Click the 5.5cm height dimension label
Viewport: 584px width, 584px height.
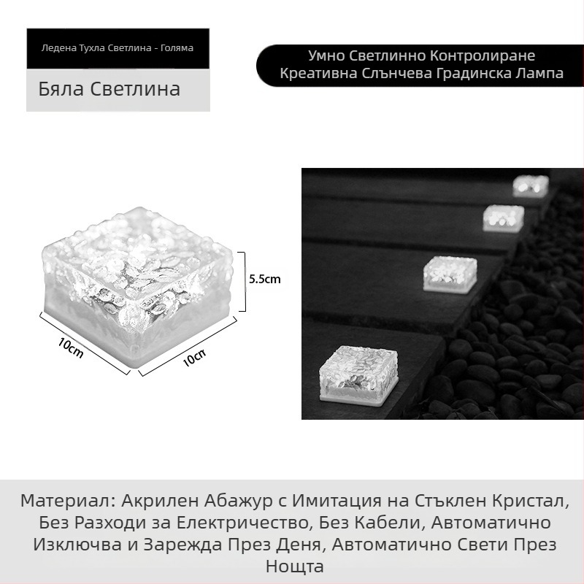264,278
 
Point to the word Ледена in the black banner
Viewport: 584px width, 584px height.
59,48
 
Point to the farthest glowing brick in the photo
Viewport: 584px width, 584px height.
530,185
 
